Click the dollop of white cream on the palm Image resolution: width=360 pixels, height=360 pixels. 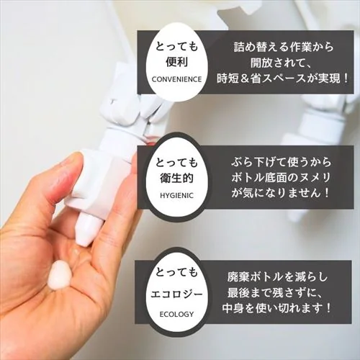pyautogui.click(x=61, y=274)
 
